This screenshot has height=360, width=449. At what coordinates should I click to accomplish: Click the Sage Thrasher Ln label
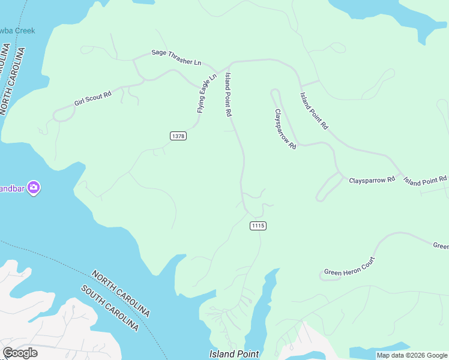(176, 58)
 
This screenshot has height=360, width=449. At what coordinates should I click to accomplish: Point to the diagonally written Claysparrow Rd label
(286, 128)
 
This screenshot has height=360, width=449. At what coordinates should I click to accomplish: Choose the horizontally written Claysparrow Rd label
(372, 179)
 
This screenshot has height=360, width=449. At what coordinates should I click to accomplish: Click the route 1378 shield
(178, 136)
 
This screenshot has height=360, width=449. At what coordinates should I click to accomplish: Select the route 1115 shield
(258, 226)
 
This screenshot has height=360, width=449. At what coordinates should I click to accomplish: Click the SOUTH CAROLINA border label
(110, 308)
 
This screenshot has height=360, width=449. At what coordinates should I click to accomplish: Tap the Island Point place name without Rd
(234, 354)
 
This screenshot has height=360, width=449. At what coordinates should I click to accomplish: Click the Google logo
(20, 353)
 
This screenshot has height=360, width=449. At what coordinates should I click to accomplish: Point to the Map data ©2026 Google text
(412, 355)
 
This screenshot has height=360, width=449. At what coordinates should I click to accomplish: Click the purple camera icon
(34, 188)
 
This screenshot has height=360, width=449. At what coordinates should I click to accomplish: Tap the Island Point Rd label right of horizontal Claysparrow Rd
(425, 180)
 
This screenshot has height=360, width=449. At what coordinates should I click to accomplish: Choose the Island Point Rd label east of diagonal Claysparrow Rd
(315, 111)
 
